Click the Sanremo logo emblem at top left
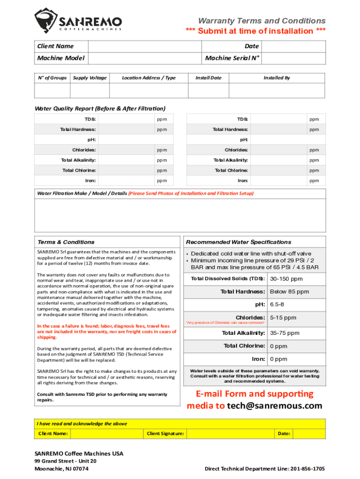[45, 20]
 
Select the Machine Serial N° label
[232, 58]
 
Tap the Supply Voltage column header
[90, 78]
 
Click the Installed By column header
[277, 78]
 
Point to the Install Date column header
[209, 78]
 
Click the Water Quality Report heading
[100, 109]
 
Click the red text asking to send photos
[191, 193]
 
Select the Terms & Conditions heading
[66, 242]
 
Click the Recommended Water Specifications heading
[238, 242]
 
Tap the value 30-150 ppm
[286, 279]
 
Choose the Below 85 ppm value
[289, 291]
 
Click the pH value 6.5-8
[277, 305]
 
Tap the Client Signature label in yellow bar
[166, 434]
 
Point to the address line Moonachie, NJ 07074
[62, 468]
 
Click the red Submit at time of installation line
[256, 31]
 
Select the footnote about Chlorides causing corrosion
[225, 323]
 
